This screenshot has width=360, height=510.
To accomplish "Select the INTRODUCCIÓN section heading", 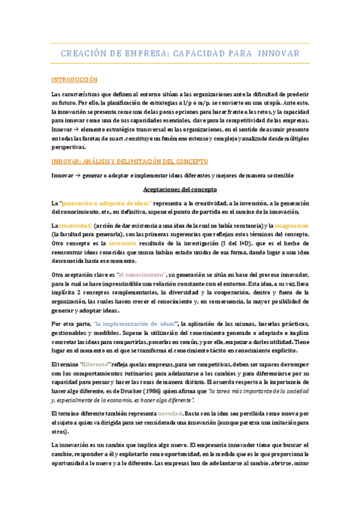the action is (x=75, y=80).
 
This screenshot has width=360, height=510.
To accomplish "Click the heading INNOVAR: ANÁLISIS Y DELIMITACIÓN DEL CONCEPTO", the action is (x=130, y=162).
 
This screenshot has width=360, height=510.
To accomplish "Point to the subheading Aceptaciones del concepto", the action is (x=180, y=189).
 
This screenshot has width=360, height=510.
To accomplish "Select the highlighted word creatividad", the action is (x=76, y=224).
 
